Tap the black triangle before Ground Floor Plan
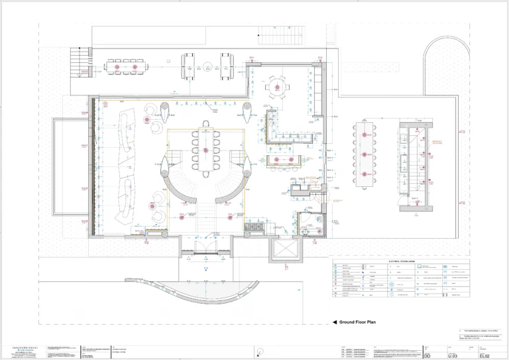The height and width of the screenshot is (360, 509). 335,322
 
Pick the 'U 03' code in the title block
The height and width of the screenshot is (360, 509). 454,357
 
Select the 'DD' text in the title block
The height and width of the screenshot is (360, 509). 427,357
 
